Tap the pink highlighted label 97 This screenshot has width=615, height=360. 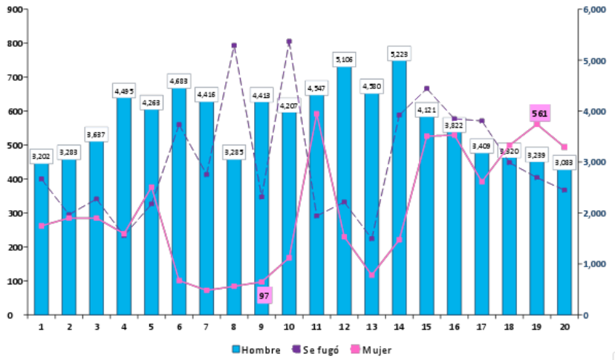point(264,295)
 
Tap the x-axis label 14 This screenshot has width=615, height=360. point(399,326)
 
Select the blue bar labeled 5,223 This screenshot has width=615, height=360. point(399,186)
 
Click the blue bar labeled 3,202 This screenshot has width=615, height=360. point(42,238)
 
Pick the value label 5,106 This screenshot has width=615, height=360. point(345,58)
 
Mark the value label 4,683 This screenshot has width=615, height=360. point(179,80)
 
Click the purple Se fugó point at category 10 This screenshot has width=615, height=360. point(289,42)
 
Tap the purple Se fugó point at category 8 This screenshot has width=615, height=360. point(234,45)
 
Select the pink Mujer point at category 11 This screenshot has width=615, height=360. point(317,114)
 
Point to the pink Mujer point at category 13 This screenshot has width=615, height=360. point(372,275)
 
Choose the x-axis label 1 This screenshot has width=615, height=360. point(42,326)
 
